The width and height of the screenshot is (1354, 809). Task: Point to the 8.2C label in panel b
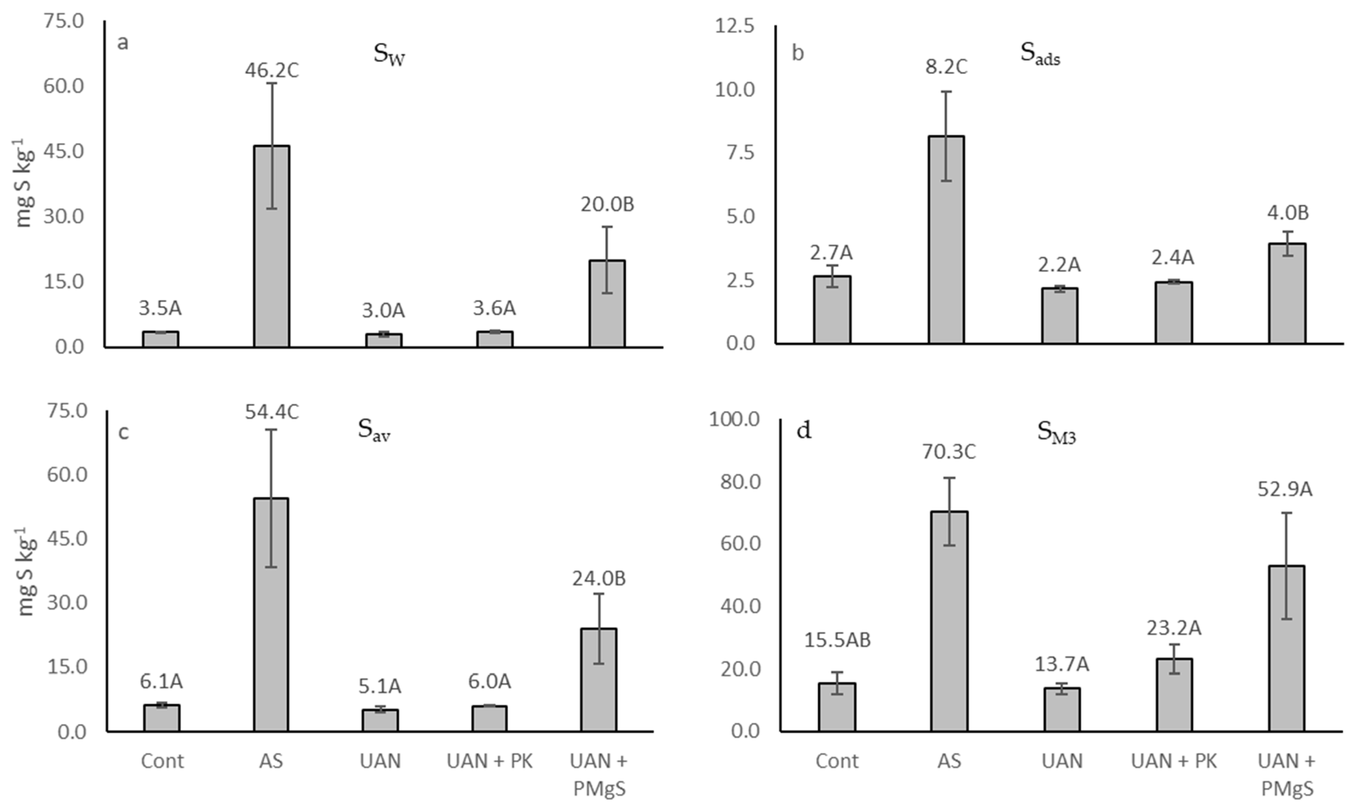click(946, 67)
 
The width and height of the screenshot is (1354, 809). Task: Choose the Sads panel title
click(1040, 54)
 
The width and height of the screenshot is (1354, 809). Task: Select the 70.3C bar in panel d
click(949, 621)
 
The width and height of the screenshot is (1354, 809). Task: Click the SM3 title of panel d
click(1056, 434)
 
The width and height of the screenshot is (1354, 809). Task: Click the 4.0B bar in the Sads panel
click(1287, 293)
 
